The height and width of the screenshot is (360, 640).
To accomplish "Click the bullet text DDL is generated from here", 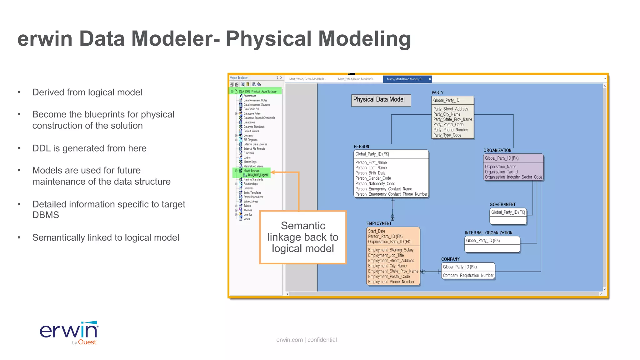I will (x=89, y=148).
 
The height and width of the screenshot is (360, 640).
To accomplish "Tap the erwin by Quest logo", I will (x=69, y=333).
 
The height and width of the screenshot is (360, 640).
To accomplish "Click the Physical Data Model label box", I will (x=381, y=100).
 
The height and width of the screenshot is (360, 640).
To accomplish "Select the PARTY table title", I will (x=437, y=92).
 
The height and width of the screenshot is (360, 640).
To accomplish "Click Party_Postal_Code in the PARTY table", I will (x=448, y=125).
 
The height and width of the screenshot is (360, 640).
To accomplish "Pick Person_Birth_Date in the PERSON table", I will (x=370, y=173).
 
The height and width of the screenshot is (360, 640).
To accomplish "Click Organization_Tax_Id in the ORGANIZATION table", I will (x=501, y=172).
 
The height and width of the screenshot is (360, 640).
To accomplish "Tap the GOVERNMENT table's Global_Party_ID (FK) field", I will (x=508, y=212).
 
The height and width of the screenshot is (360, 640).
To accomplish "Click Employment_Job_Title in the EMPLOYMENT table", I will (x=386, y=255).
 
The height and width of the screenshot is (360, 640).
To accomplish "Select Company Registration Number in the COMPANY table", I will (x=468, y=275).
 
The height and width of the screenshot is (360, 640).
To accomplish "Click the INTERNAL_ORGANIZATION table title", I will (x=488, y=233).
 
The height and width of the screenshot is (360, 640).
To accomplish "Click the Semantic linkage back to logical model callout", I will (x=302, y=237).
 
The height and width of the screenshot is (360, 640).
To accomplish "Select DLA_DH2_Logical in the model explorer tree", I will (x=257, y=175).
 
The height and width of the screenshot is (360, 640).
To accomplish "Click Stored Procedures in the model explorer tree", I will (x=253, y=197).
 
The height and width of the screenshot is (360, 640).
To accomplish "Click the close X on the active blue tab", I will (x=430, y=79).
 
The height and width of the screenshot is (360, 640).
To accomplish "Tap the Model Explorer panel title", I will (x=238, y=78).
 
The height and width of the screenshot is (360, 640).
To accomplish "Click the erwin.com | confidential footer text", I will (x=306, y=340).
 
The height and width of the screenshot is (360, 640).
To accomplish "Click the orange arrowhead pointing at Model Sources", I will (x=273, y=172).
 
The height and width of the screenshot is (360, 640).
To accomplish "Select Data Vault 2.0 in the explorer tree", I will (x=251, y=109).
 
